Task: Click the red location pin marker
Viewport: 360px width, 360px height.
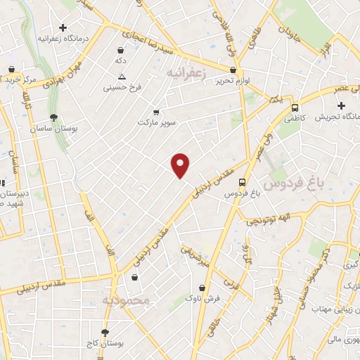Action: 181,165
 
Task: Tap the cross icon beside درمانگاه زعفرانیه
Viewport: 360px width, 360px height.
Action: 63,28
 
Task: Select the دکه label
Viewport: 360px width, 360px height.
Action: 121,61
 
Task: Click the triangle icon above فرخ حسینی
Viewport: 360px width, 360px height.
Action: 122,76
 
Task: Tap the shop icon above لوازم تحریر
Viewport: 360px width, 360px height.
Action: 233,70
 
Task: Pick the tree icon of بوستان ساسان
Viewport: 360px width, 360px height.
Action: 54,117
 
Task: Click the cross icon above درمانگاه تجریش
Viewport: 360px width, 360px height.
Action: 340,105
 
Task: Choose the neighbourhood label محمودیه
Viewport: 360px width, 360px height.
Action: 127,300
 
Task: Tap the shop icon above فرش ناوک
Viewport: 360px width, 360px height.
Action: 202,288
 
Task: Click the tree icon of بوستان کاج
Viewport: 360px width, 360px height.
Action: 105,331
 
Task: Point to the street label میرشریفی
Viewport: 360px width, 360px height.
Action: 195,255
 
